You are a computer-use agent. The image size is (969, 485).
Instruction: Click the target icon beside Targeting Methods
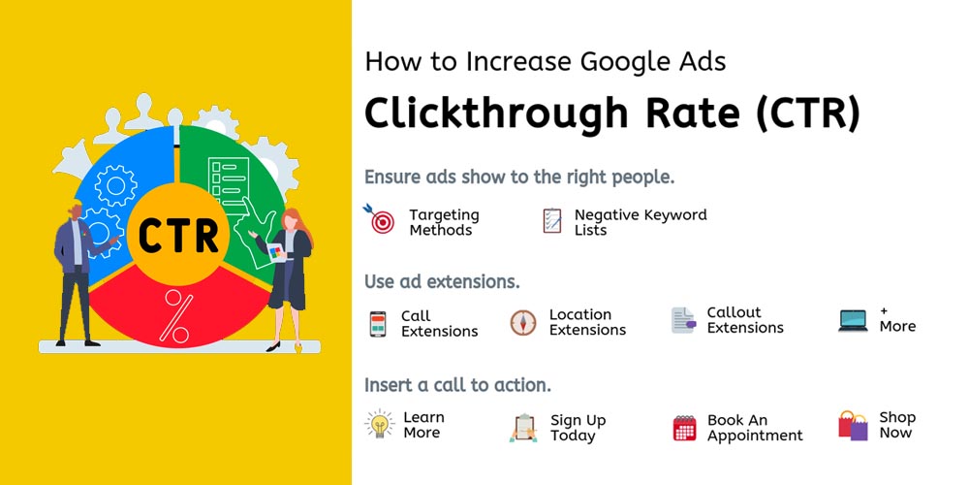(380, 219)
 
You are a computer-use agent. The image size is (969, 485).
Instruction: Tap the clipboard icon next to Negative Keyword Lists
(552, 220)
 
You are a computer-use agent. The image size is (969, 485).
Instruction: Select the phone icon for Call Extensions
(378, 324)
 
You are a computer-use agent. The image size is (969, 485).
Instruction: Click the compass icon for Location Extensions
(523, 323)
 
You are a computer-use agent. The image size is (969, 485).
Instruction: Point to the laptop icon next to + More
(853, 320)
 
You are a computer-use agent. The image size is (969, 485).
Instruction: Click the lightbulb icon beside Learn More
(380, 425)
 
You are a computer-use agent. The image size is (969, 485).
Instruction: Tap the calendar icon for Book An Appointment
(684, 428)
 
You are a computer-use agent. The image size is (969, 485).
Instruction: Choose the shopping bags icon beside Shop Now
(853, 426)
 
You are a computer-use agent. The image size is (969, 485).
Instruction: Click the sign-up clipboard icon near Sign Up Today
(524, 428)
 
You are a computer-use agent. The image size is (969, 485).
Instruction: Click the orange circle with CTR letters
(178, 235)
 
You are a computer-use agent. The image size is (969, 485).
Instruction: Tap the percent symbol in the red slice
(176, 317)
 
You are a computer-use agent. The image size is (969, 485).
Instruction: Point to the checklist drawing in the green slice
(229, 185)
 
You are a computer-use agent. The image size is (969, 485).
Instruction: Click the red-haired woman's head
(292, 219)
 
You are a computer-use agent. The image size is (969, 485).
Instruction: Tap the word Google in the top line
(625, 62)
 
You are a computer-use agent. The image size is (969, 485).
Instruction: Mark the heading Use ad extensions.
(442, 281)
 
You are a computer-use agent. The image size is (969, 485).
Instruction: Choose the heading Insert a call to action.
(457, 385)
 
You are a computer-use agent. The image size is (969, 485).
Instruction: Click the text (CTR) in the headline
(806, 113)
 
